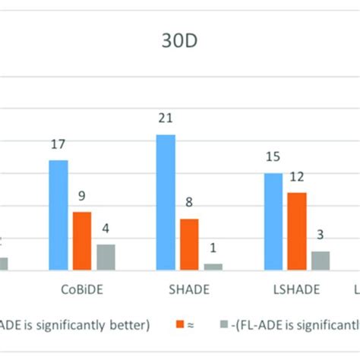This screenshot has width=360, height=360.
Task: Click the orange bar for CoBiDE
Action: [81, 241]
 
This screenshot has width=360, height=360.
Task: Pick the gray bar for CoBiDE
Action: [106, 257]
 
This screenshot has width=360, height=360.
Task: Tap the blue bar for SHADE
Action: [166, 202]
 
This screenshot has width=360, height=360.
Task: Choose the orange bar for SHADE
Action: [189, 244]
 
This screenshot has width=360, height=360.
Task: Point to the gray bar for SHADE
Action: [213, 266]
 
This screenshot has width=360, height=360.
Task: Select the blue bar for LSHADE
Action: [273, 221]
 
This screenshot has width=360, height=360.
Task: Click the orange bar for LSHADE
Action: [297, 231]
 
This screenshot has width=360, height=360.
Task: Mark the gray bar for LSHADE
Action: [321, 261]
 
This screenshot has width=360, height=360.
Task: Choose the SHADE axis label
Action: [189, 289]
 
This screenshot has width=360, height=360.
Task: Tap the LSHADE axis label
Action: [296, 289]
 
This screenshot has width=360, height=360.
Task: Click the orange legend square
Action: [181, 324]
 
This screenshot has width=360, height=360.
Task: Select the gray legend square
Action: [223, 324]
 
